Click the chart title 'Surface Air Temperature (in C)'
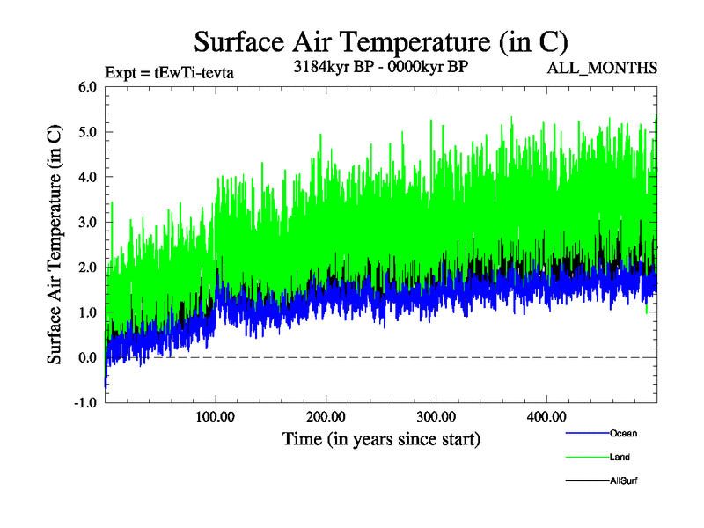tap(380, 41)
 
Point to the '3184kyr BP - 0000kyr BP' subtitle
tap(380, 66)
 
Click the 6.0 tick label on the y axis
tap(87, 87)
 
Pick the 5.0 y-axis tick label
tap(87, 132)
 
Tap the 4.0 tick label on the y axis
tap(87, 177)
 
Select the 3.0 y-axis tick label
tap(87, 223)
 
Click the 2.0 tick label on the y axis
tap(87, 268)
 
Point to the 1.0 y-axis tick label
tap(87, 312)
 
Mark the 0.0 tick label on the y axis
tap(87, 357)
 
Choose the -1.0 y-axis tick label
tap(85, 403)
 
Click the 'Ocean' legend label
tap(623, 433)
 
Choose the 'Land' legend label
tap(620, 457)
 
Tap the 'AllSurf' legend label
tap(622, 480)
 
